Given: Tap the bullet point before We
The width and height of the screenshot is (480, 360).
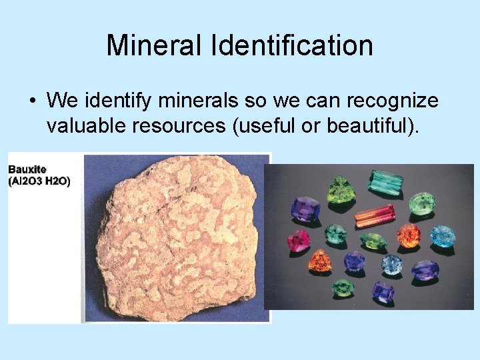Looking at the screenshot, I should [x=31, y=101].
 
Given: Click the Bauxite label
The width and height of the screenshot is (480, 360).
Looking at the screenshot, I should [x=27, y=169].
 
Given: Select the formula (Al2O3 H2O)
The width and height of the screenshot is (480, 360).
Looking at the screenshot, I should [x=39, y=181].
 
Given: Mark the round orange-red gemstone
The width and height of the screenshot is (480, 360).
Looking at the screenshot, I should [x=408, y=235].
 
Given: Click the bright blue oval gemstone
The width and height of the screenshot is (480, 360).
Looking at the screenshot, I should [x=443, y=236].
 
